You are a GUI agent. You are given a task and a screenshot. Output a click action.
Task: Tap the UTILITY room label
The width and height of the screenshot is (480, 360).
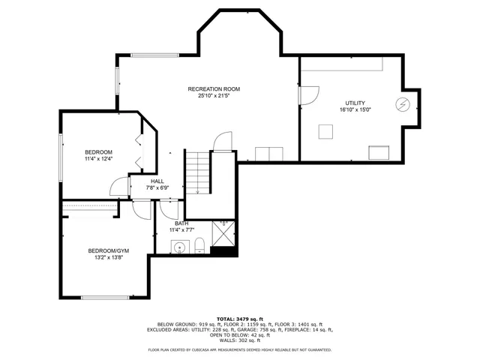click(x=355, y=103)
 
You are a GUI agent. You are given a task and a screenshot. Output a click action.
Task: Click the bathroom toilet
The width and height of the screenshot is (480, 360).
click(x=199, y=246)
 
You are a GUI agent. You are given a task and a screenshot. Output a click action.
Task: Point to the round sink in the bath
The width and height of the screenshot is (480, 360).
click(x=179, y=247)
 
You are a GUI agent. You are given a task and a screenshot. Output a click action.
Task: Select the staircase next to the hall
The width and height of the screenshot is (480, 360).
click(x=196, y=172)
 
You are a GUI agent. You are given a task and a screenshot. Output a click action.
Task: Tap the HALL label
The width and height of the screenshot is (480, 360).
click(x=157, y=181)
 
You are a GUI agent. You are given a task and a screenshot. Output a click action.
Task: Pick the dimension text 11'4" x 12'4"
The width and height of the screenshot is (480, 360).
click(x=98, y=159)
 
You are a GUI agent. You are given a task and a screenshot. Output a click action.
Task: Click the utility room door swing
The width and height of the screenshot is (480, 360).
click(x=309, y=94)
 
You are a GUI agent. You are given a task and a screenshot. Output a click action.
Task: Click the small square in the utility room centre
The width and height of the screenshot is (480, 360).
click(x=325, y=131)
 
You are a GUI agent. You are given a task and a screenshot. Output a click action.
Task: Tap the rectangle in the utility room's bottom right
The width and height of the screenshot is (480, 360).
click(x=379, y=153)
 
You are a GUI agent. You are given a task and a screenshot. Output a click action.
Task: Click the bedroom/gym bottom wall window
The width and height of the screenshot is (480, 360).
click(x=104, y=298)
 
